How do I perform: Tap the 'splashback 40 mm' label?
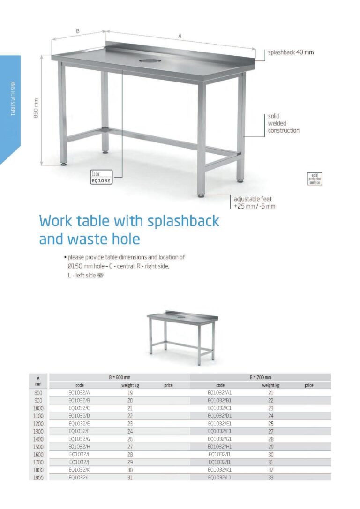(x=291, y=52)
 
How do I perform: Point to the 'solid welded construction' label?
(x=283, y=123)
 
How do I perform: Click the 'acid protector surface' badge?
(x=314, y=178)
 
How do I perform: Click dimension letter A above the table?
(x=180, y=36)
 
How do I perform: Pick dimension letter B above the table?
(x=78, y=31)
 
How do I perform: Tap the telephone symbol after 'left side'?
(x=99, y=276)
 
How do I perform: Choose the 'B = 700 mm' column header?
(x=260, y=377)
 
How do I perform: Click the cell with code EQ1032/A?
(x=79, y=393)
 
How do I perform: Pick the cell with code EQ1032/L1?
(x=220, y=477)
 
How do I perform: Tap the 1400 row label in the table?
(x=38, y=439)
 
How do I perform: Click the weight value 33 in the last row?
(x=270, y=477)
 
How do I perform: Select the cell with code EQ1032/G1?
(x=220, y=439)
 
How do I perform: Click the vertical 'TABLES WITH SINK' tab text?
(x=13, y=98)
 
